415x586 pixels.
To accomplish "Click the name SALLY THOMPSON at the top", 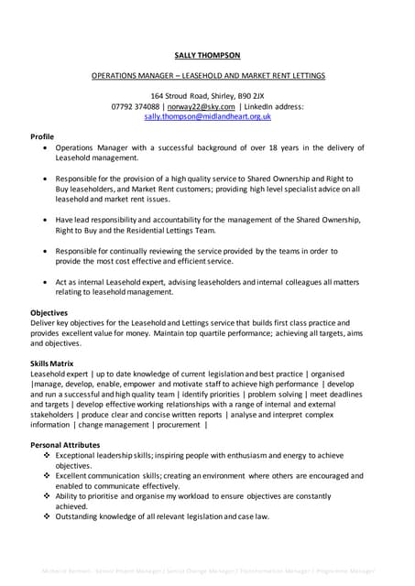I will (x=207, y=55).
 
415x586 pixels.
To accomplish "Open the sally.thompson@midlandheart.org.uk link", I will (x=206, y=117).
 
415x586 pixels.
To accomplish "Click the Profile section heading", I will (x=42, y=136).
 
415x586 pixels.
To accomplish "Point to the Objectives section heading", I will (x=50, y=312).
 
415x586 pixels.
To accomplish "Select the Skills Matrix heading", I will (x=52, y=364).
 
